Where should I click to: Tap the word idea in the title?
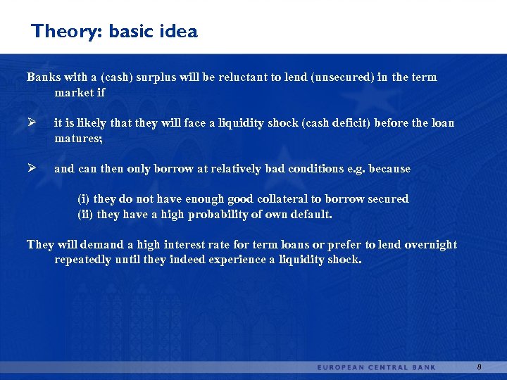pyautogui.click(x=180, y=32)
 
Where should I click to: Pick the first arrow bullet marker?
pyautogui.click(x=32, y=123)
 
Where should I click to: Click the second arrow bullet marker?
pyautogui.click(x=32, y=169)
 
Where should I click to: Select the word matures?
pyautogui.click(x=78, y=139)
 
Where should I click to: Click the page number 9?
pyautogui.click(x=479, y=367)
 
